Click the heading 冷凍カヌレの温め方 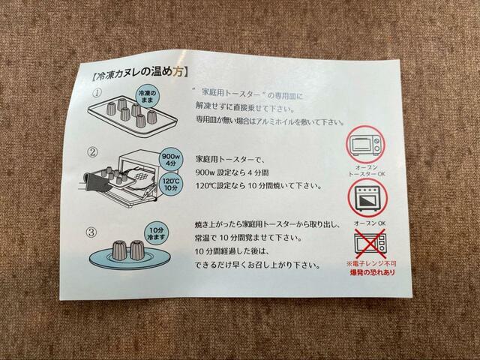click(x=139, y=74)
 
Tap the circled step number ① click(x=97, y=93)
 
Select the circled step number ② click(x=93, y=152)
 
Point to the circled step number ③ click(x=91, y=232)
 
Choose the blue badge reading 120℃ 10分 click(x=171, y=184)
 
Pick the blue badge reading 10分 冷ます click(x=156, y=233)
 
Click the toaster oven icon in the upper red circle click(x=366, y=144)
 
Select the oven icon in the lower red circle click(x=368, y=198)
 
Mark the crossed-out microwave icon click(x=370, y=244)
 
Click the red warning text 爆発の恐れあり click(x=373, y=272)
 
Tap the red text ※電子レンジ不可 click(x=371, y=263)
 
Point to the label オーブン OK click(x=370, y=223)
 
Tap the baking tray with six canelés click(x=133, y=117)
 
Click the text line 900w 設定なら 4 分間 click(x=232, y=172)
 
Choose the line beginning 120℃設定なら click(x=259, y=186)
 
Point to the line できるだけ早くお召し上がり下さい click(x=257, y=265)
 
